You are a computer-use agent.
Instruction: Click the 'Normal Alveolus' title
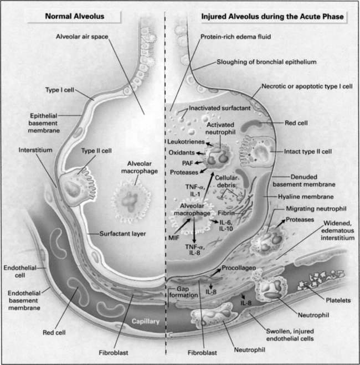coord(74,16)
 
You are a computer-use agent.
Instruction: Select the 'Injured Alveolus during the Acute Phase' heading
coord(272,17)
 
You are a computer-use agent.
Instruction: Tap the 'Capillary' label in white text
coord(146,321)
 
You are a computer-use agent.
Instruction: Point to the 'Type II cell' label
coord(96,151)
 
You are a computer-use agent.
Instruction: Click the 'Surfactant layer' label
coord(122,234)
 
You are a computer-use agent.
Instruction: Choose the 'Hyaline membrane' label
coord(306,197)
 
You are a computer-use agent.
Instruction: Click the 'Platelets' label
coord(338,300)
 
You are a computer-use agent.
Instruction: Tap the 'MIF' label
coord(174,238)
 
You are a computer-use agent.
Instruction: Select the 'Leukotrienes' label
coord(186,142)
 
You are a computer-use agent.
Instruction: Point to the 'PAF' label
coord(188,163)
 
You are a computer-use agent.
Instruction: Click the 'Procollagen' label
coord(239,268)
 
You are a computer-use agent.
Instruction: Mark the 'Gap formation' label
coord(184,292)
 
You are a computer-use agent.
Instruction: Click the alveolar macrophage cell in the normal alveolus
coord(131,202)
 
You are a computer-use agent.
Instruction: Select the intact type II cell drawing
coord(257,151)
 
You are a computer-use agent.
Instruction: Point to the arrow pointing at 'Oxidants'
coord(200,153)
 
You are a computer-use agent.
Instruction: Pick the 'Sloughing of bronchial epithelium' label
coord(267,62)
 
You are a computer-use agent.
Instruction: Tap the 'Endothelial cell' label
coord(20,271)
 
